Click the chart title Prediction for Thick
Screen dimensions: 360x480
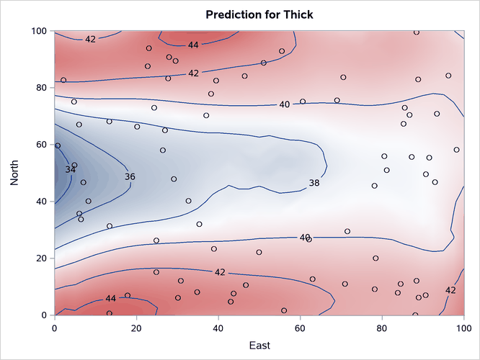259,14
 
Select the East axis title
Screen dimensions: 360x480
259,346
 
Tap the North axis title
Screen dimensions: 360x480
15,173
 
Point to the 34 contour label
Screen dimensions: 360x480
70,170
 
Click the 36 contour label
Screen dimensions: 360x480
130,176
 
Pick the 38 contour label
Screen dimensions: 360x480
314,184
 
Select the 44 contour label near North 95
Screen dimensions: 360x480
193,45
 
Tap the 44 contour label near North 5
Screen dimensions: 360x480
110,298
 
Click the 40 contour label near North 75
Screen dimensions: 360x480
284,105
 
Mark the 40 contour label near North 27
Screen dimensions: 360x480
305,237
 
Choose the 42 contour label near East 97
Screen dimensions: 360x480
450,290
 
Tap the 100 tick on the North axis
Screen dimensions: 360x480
38,31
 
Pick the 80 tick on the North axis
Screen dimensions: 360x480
41,88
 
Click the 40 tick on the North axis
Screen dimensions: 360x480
41,202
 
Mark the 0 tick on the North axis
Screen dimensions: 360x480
44,315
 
